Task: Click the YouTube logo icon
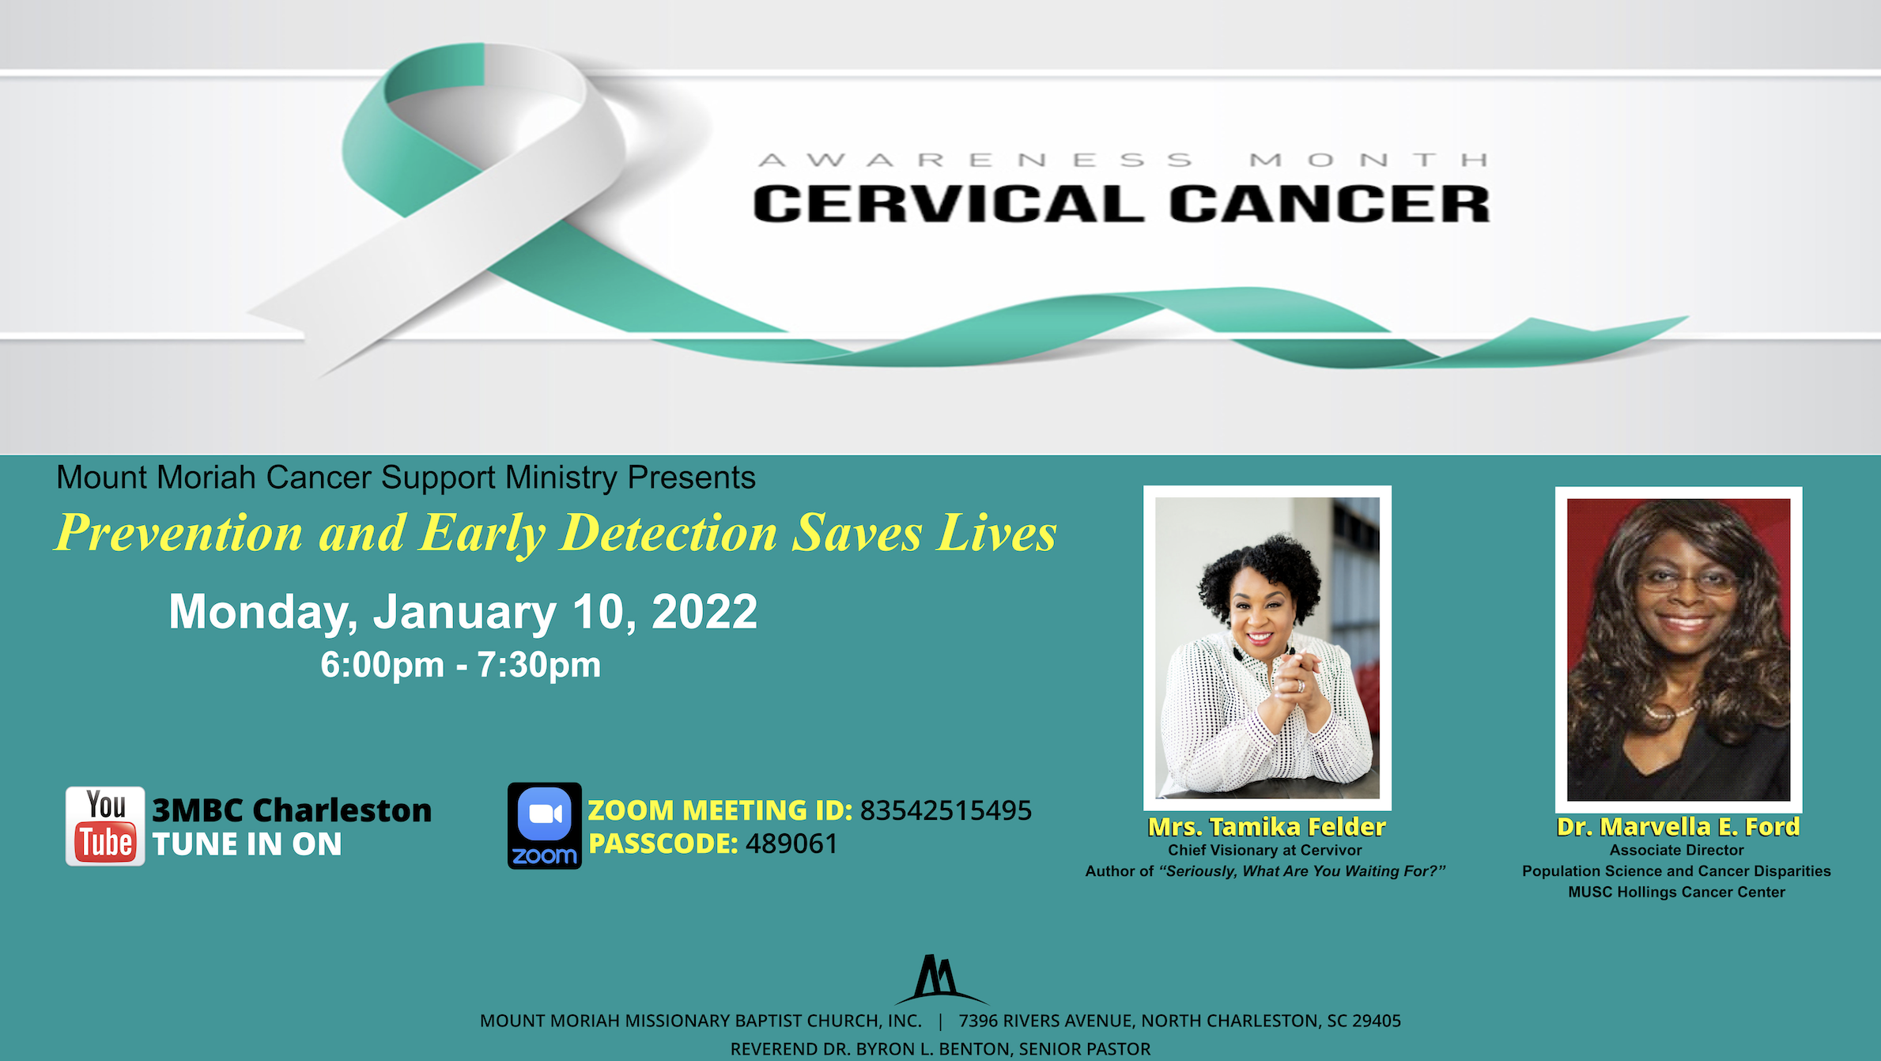[105, 826]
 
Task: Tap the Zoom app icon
[544, 826]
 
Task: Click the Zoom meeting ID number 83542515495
[946, 810]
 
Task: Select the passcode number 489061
[791, 844]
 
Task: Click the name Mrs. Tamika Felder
[1267, 827]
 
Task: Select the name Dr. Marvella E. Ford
[1678, 827]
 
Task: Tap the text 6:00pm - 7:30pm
[460, 665]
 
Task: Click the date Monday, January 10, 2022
[463, 612]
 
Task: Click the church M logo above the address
[939, 979]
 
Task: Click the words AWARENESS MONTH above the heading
[1123, 160]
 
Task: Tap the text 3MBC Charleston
[292, 810]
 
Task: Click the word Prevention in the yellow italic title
[179, 533]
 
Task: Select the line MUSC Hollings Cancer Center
[1676, 893]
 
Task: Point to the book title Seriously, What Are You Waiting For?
[1301, 871]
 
